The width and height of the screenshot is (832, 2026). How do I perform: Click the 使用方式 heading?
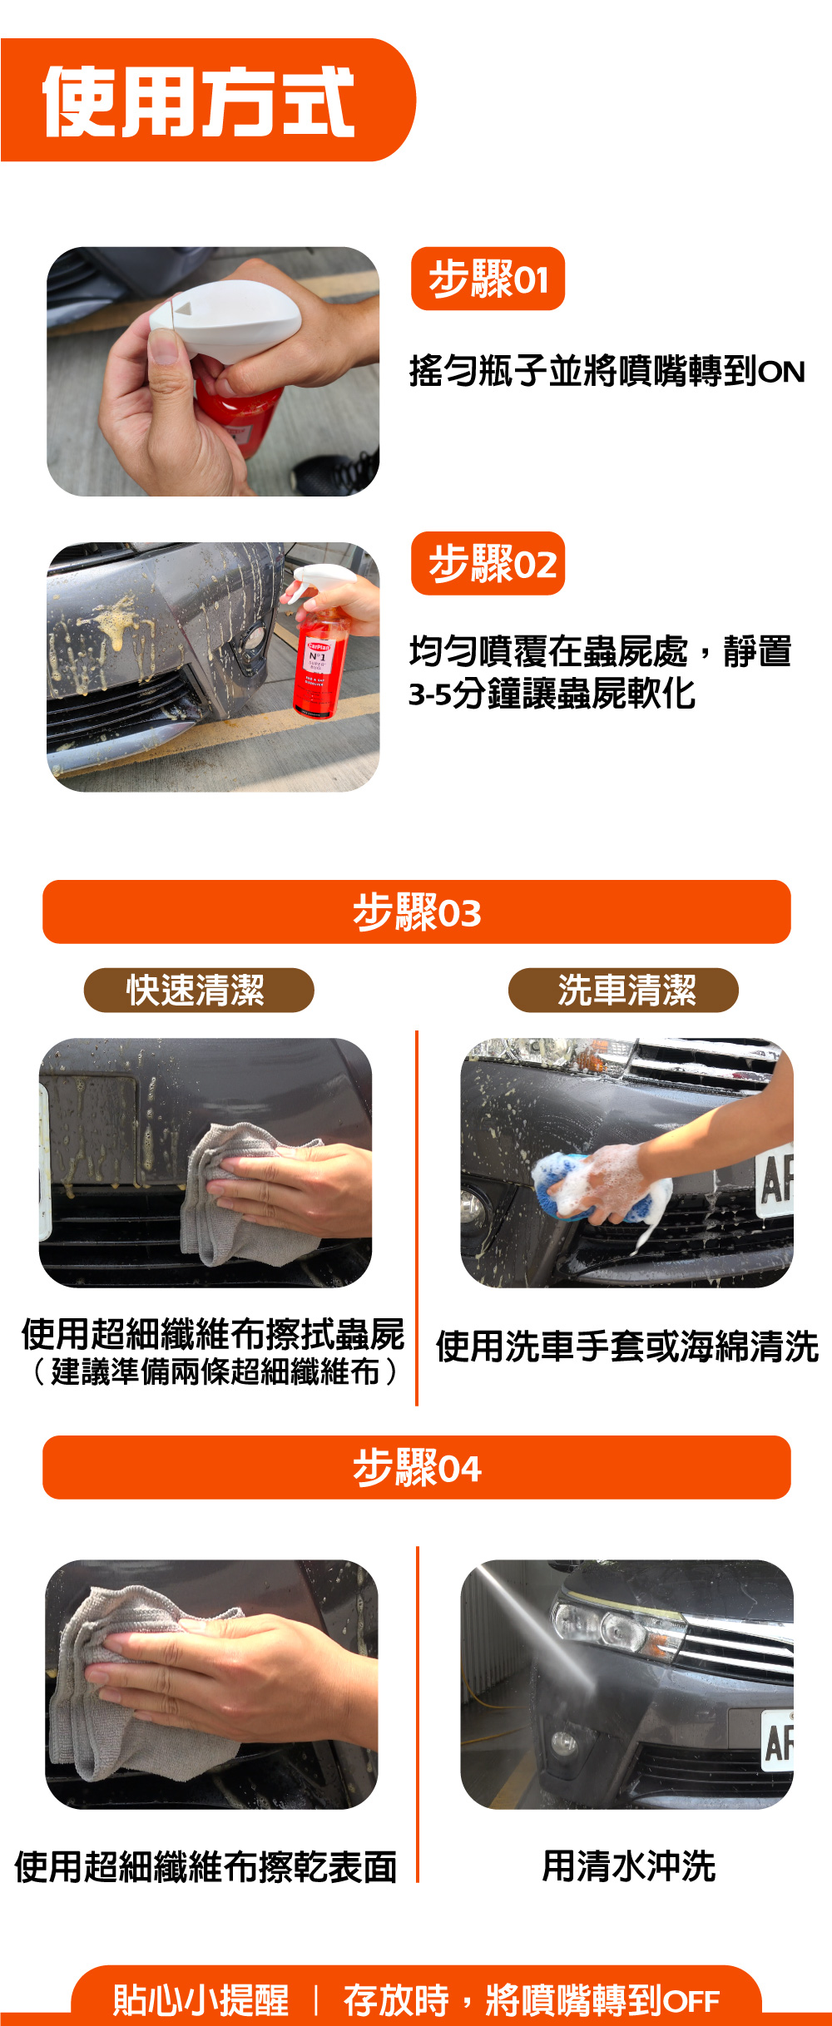click(x=199, y=101)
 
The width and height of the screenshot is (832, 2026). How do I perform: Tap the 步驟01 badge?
click(x=488, y=279)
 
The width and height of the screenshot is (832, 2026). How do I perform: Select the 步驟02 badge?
click(x=488, y=563)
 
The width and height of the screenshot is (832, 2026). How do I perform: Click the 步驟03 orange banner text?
click(x=417, y=912)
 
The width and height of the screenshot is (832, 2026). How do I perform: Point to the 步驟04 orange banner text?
click(x=417, y=1468)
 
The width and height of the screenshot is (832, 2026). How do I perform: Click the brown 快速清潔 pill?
click(x=199, y=990)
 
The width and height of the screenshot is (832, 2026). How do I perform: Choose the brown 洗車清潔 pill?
click(x=623, y=990)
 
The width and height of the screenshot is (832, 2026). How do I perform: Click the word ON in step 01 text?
click(x=781, y=372)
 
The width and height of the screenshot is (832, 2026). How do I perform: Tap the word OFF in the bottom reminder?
click(x=691, y=2001)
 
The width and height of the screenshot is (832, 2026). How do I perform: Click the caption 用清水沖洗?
click(x=629, y=1865)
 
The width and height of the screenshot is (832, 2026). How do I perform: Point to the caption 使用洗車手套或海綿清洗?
click(x=627, y=1347)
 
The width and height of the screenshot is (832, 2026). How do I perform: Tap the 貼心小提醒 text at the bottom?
click(x=201, y=2000)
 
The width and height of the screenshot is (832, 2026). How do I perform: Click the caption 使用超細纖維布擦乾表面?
click(x=206, y=1866)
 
